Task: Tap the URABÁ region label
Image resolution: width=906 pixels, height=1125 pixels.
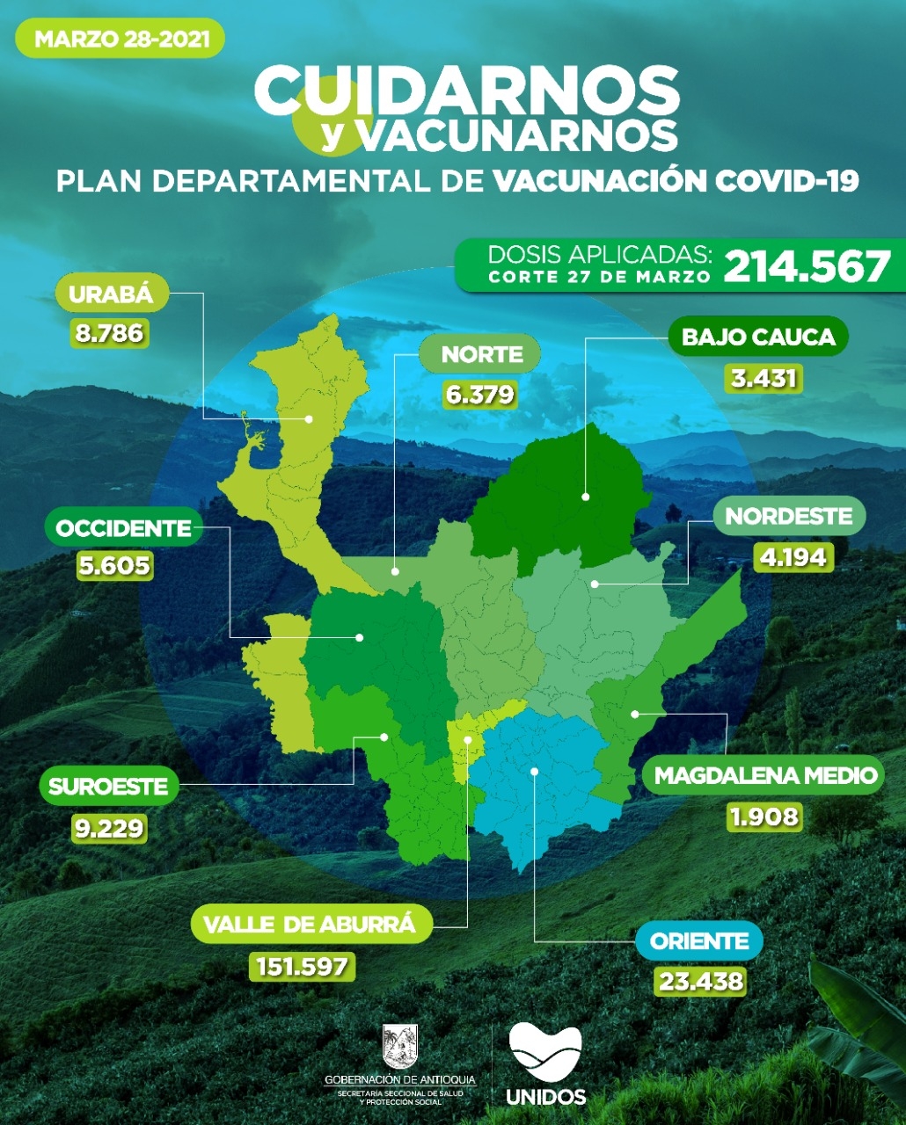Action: click(111, 294)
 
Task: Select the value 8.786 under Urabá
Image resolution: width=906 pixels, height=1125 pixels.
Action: click(111, 334)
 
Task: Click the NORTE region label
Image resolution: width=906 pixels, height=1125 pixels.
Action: click(482, 354)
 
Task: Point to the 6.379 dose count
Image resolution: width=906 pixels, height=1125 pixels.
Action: click(480, 394)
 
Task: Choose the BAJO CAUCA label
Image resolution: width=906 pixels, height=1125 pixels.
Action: click(758, 337)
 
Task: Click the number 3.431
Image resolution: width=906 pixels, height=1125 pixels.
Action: click(764, 379)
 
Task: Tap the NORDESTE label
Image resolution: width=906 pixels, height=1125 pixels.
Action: click(789, 516)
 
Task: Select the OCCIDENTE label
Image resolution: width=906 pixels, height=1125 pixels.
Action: click(123, 528)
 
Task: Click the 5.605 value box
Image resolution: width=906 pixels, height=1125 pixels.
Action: click(114, 566)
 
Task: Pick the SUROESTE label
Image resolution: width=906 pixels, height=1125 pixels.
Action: click(108, 786)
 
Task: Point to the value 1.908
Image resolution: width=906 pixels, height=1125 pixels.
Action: click(764, 817)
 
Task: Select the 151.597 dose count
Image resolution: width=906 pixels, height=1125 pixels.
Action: click(303, 966)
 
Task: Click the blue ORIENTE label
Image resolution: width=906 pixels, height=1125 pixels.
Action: click(699, 941)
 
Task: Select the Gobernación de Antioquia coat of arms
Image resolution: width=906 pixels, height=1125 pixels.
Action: click(400, 1047)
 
